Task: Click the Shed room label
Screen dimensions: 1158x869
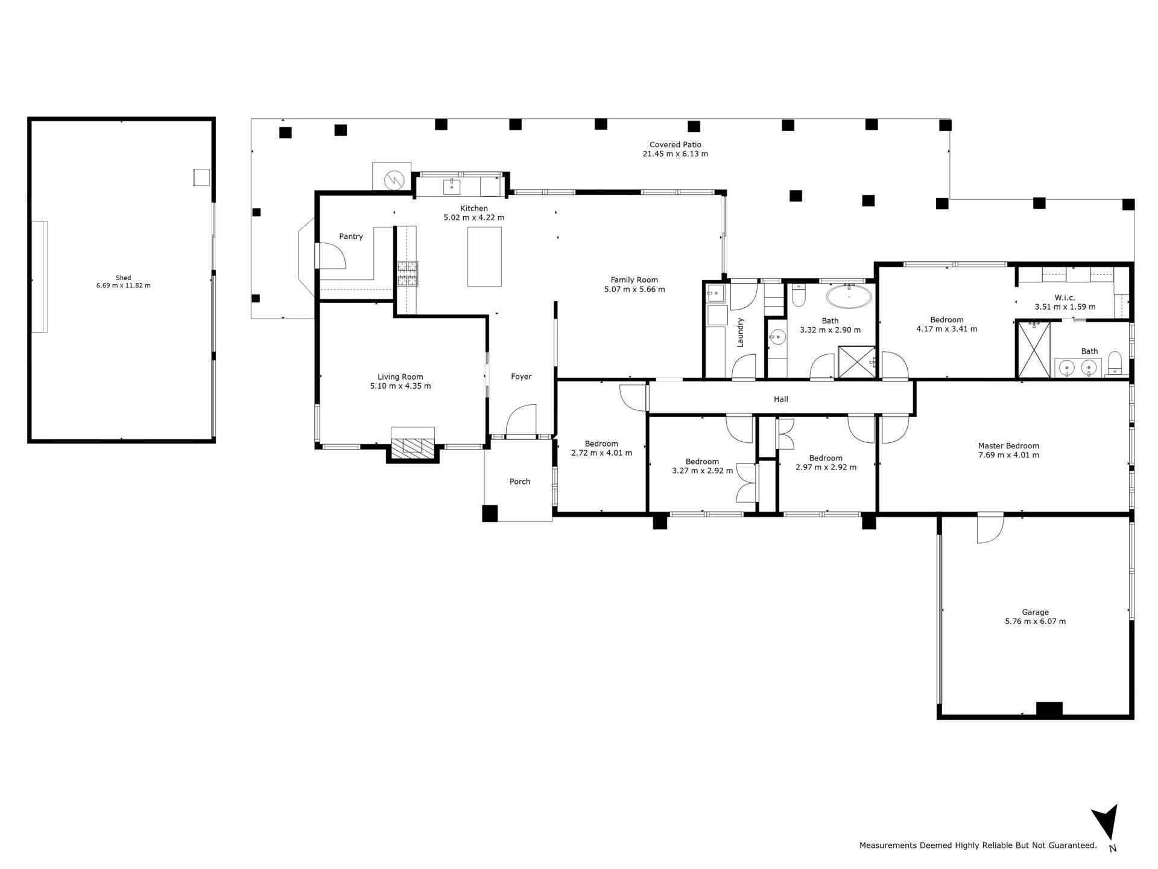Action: pyautogui.click(x=123, y=278)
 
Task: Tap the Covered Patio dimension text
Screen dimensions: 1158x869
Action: pyautogui.click(x=675, y=154)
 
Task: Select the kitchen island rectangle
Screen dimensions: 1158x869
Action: pyautogui.click(x=484, y=256)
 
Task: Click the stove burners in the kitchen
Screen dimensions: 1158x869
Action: pyautogui.click(x=407, y=273)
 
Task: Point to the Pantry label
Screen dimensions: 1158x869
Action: pyautogui.click(x=351, y=237)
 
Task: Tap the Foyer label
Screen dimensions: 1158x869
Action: pyautogui.click(x=521, y=377)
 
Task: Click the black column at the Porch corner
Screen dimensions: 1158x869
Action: pyautogui.click(x=490, y=513)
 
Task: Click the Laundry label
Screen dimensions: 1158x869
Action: pyautogui.click(x=741, y=332)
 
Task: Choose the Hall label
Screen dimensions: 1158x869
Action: pyautogui.click(x=781, y=399)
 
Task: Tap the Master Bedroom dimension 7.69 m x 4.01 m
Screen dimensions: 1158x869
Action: pyautogui.click(x=1008, y=455)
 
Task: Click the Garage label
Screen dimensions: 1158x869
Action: pyautogui.click(x=1035, y=612)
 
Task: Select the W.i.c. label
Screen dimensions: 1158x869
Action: pyautogui.click(x=1065, y=298)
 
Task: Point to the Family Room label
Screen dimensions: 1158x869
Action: pyautogui.click(x=634, y=279)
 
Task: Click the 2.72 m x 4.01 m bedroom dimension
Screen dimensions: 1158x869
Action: pyautogui.click(x=601, y=453)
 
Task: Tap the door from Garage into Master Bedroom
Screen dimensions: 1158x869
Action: pyautogui.click(x=990, y=528)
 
